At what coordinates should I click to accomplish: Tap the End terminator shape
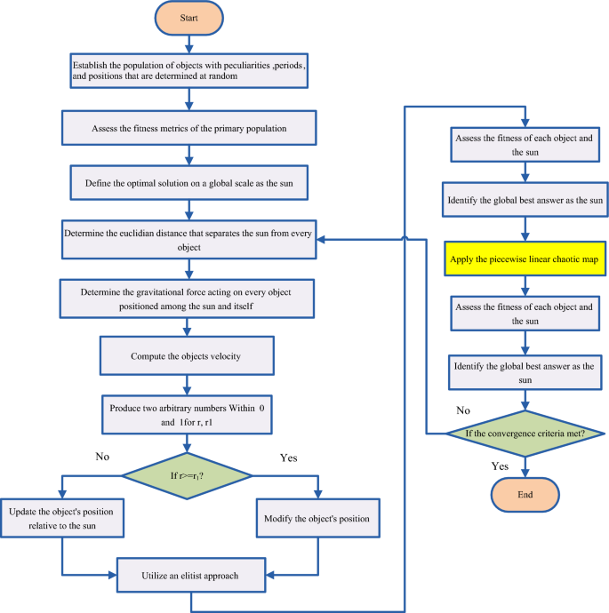[525, 493]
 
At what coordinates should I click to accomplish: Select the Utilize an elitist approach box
[191, 575]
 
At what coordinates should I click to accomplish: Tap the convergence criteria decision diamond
[525, 433]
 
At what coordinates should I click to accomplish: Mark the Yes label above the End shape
[501, 466]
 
